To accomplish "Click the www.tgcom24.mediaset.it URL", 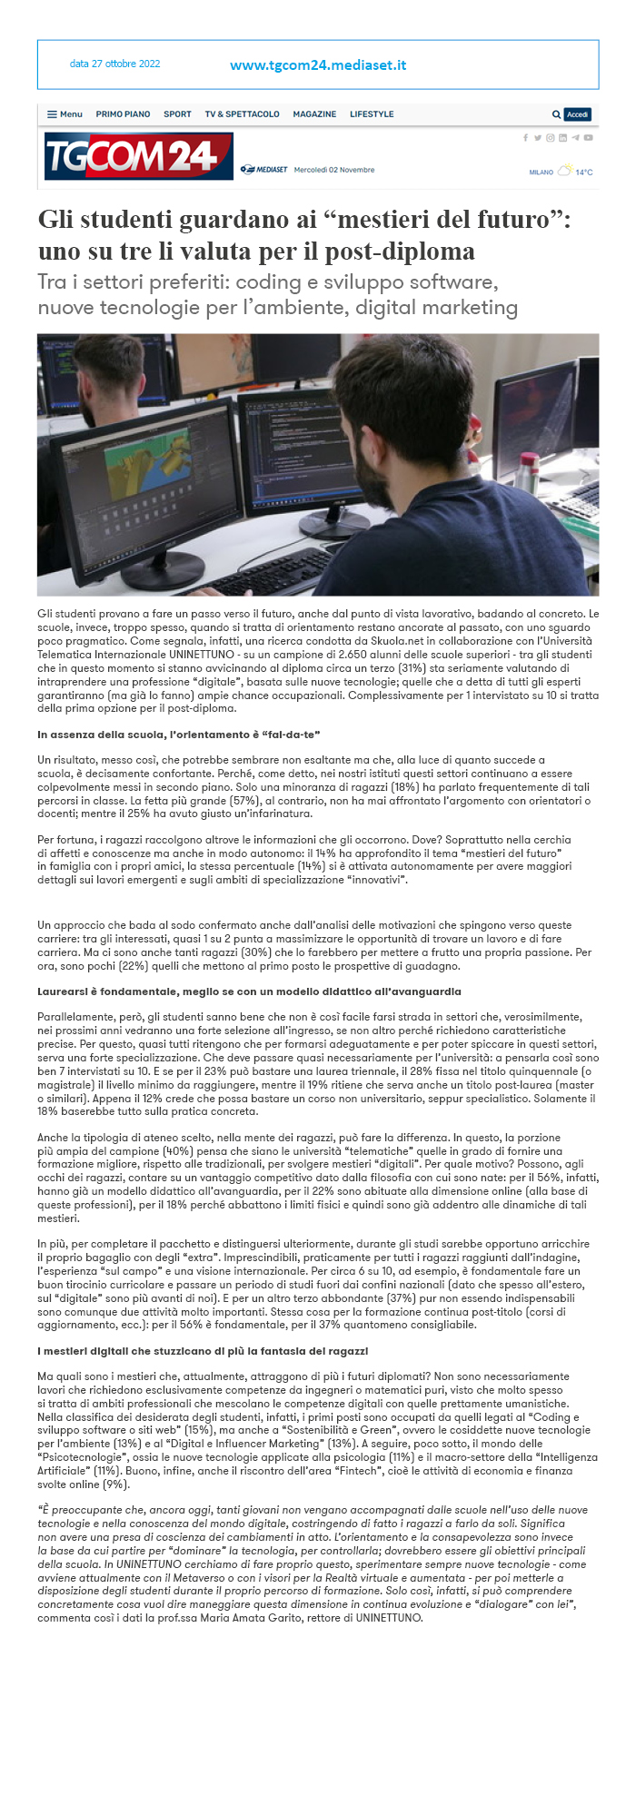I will tap(318, 65).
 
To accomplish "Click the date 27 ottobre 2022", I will tap(114, 64).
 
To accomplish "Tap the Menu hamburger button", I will tap(65, 114).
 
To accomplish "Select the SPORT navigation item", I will tap(177, 114).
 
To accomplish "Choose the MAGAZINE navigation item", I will tap(314, 114).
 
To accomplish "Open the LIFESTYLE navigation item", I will tap(372, 114).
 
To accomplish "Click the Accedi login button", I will tap(578, 114).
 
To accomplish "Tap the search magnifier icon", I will tap(556, 114).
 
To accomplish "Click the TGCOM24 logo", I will tap(138, 156).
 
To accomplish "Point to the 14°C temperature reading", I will tap(583, 172).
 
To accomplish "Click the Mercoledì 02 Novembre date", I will tap(334, 170).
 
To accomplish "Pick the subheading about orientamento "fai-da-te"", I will tap(179, 734).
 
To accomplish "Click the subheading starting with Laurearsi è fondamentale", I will tap(249, 991).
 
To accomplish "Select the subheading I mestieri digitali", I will tap(203, 1352).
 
